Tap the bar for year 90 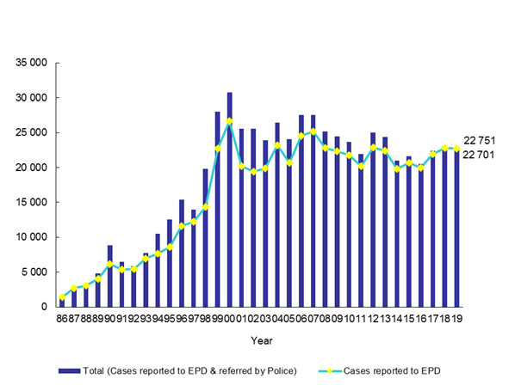click(110, 276)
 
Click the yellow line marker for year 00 click(230, 121)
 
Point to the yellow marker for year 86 click(62, 297)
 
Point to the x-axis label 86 click(62, 319)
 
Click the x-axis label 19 click(456, 319)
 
